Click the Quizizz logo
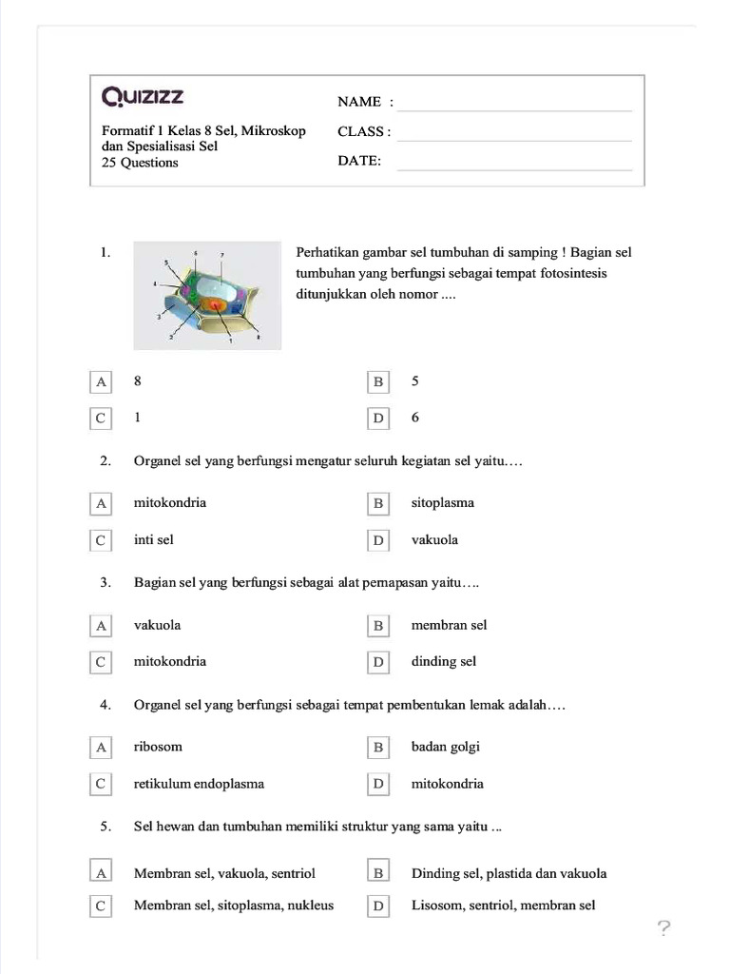[143, 97]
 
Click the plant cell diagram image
[207, 295]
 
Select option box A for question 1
[100, 382]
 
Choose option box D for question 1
[378, 419]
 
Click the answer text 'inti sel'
[154, 540]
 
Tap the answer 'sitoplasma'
[442, 503]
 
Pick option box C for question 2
[100, 540]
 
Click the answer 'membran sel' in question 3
[449, 626]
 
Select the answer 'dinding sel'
[443, 662]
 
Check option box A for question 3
[100, 626]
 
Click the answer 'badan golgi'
[445, 748]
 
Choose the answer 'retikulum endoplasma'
[199, 785]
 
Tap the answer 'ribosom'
[158, 748]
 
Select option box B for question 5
[378, 871]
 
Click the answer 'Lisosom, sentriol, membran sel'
[503, 906]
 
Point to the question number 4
[106, 706]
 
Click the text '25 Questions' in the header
[140, 163]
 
